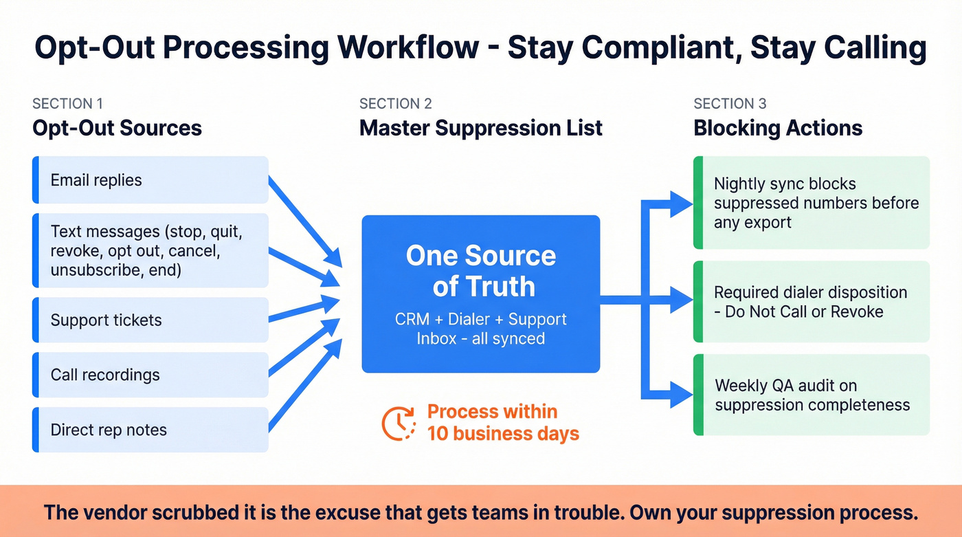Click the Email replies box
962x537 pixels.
(x=150, y=180)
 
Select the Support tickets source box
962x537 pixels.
(x=150, y=320)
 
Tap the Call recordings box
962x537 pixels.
(x=150, y=375)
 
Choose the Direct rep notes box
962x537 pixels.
(x=150, y=430)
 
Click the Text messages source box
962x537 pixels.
(x=150, y=251)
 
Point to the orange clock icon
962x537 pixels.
(x=399, y=423)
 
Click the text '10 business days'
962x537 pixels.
(x=503, y=434)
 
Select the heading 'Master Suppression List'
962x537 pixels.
(x=480, y=128)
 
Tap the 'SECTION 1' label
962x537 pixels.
(x=67, y=104)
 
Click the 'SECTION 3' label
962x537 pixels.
(x=729, y=104)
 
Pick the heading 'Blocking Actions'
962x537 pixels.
(x=778, y=128)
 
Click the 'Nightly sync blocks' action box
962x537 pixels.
(x=811, y=203)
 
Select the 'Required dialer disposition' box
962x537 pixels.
(x=811, y=302)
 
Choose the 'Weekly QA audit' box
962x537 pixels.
(x=811, y=395)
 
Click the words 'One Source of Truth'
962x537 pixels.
(x=480, y=270)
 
